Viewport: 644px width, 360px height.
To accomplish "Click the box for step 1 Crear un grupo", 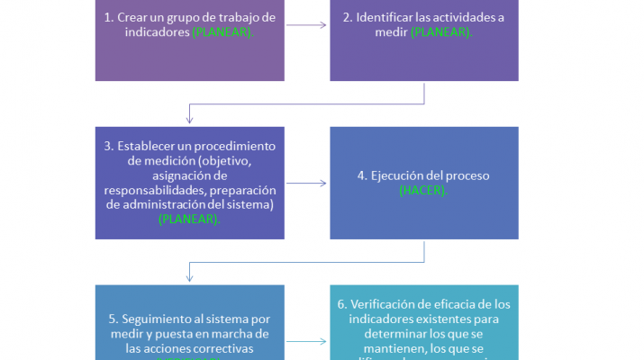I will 189,40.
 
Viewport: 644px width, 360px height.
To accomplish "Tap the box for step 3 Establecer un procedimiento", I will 189,183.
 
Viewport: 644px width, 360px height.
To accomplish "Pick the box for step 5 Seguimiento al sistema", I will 189,324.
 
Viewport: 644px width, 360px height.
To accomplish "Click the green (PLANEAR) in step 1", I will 223,31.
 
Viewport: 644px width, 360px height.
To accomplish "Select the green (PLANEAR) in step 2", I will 441,31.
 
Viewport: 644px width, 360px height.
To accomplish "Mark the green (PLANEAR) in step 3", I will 189,219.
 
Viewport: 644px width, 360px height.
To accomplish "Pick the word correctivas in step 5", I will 223,348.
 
